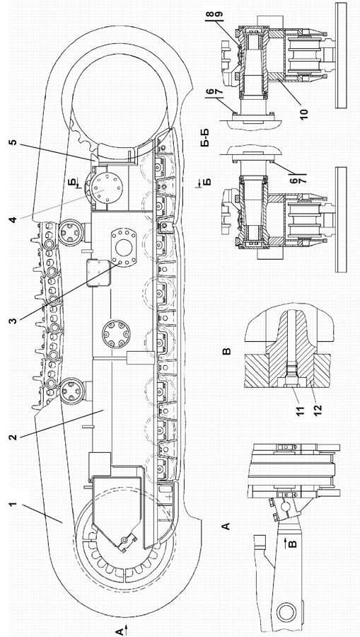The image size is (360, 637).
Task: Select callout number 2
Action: [x=13, y=437]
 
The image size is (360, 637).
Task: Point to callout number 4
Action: [x=13, y=220]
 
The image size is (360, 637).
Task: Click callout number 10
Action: [x=304, y=112]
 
